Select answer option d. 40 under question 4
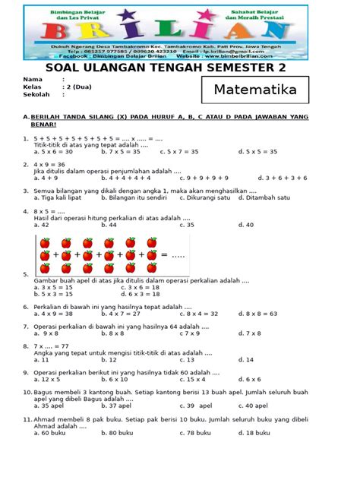coord(246,225)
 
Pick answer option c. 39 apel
coord(185,406)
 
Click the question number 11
coord(27,418)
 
